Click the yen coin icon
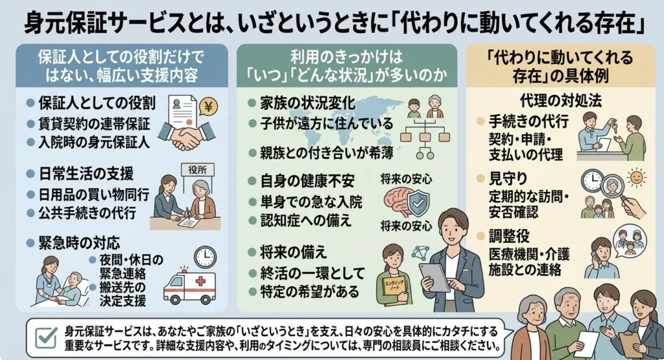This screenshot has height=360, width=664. point(208,107)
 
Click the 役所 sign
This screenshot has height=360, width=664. point(198,170)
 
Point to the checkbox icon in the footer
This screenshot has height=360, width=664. point(46,339)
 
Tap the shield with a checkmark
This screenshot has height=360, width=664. point(418,204)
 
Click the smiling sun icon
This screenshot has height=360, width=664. point(635,178)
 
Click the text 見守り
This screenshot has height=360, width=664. point(508,179)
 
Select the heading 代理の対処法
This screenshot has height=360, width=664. point(561,101)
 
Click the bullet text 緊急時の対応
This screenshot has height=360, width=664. point(79,243)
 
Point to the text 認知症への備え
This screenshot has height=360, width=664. point(306,221)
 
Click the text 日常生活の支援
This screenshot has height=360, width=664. point(86,174)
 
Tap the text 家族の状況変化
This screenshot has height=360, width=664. point(307,103)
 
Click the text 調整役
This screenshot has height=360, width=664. point(509,236)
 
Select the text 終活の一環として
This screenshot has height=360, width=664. point(313,273)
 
